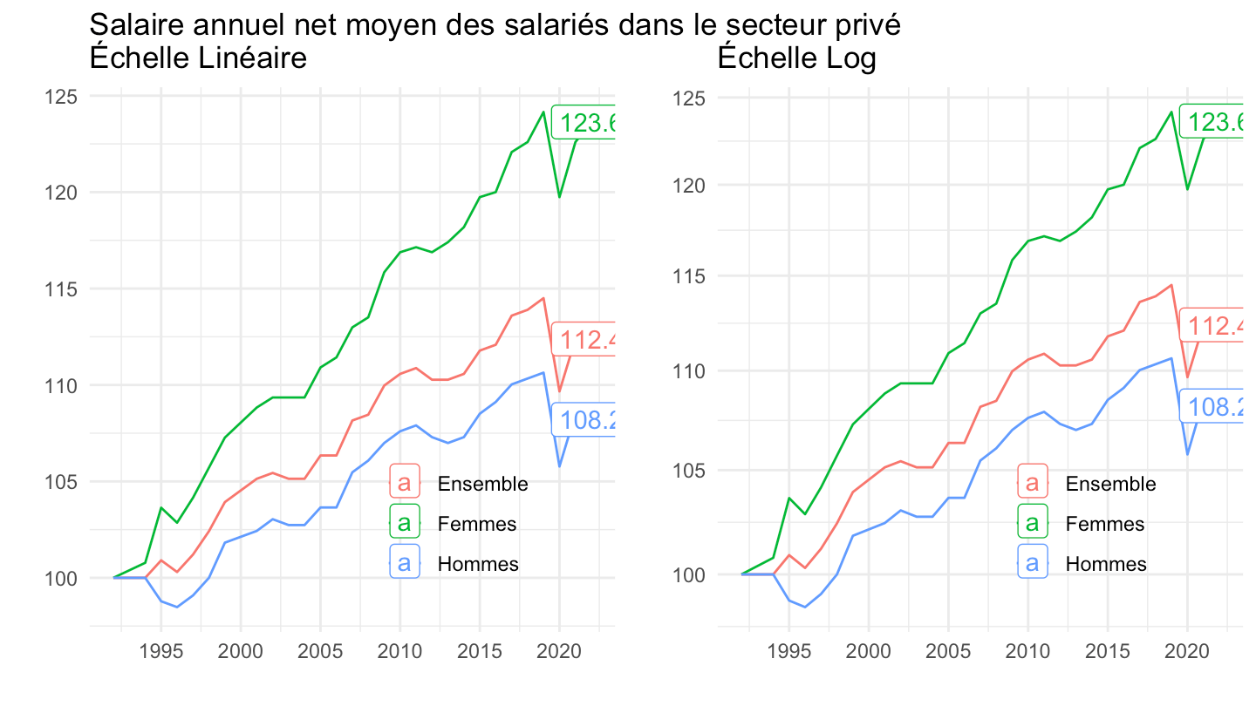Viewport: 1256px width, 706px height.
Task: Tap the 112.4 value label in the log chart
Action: tap(1214, 327)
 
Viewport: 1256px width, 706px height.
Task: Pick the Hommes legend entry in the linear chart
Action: tap(478, 564)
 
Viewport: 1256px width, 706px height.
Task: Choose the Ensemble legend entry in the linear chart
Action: tap(482, 484)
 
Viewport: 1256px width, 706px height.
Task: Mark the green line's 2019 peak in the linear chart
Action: tap(543, 112)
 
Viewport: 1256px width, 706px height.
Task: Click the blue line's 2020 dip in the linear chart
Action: tap(559, 466)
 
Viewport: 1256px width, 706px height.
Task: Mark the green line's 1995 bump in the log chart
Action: tap(789, 498)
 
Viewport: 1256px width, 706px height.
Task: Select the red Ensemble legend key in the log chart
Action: tap(1033, 484)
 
